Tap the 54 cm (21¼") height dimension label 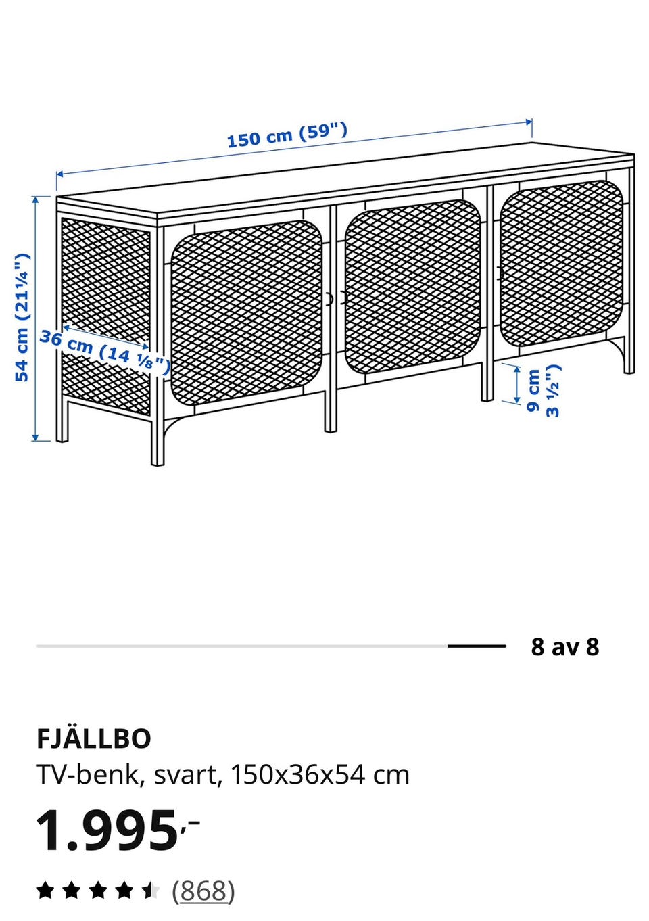coord(22,317)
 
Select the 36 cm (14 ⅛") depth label coord(105,352)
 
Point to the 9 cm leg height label coord(544,391)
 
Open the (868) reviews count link coord(203,891)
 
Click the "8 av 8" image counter coord(564,646)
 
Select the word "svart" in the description coord(185,776)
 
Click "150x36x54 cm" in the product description coord(320,775)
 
